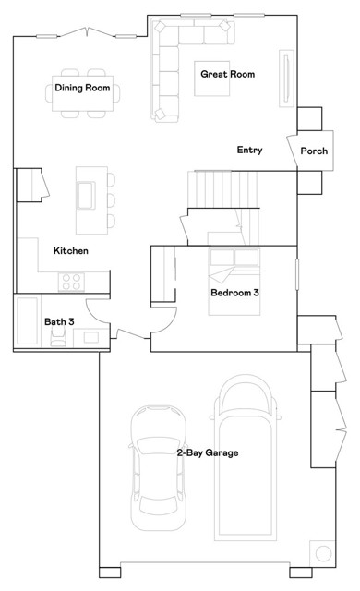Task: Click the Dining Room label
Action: point(82,88)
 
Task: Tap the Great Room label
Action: point(227,74)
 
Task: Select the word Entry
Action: point(249,150)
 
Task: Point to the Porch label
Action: point(314,151)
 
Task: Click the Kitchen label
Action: point(71,250)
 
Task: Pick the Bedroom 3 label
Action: point(235,293)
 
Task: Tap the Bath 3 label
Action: point(59,321)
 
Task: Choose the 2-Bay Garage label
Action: point(208,452)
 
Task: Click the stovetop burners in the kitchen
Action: point(71,282)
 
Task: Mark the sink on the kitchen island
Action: point(86,195)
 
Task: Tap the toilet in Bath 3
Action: point(58,335)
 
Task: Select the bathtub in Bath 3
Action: point(27,320)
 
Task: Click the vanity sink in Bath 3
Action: point(91,337)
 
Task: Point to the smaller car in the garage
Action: point(158,468)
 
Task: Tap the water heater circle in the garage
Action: point(323,553)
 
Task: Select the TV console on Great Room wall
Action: point(286,78)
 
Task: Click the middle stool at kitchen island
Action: point(111,200)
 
